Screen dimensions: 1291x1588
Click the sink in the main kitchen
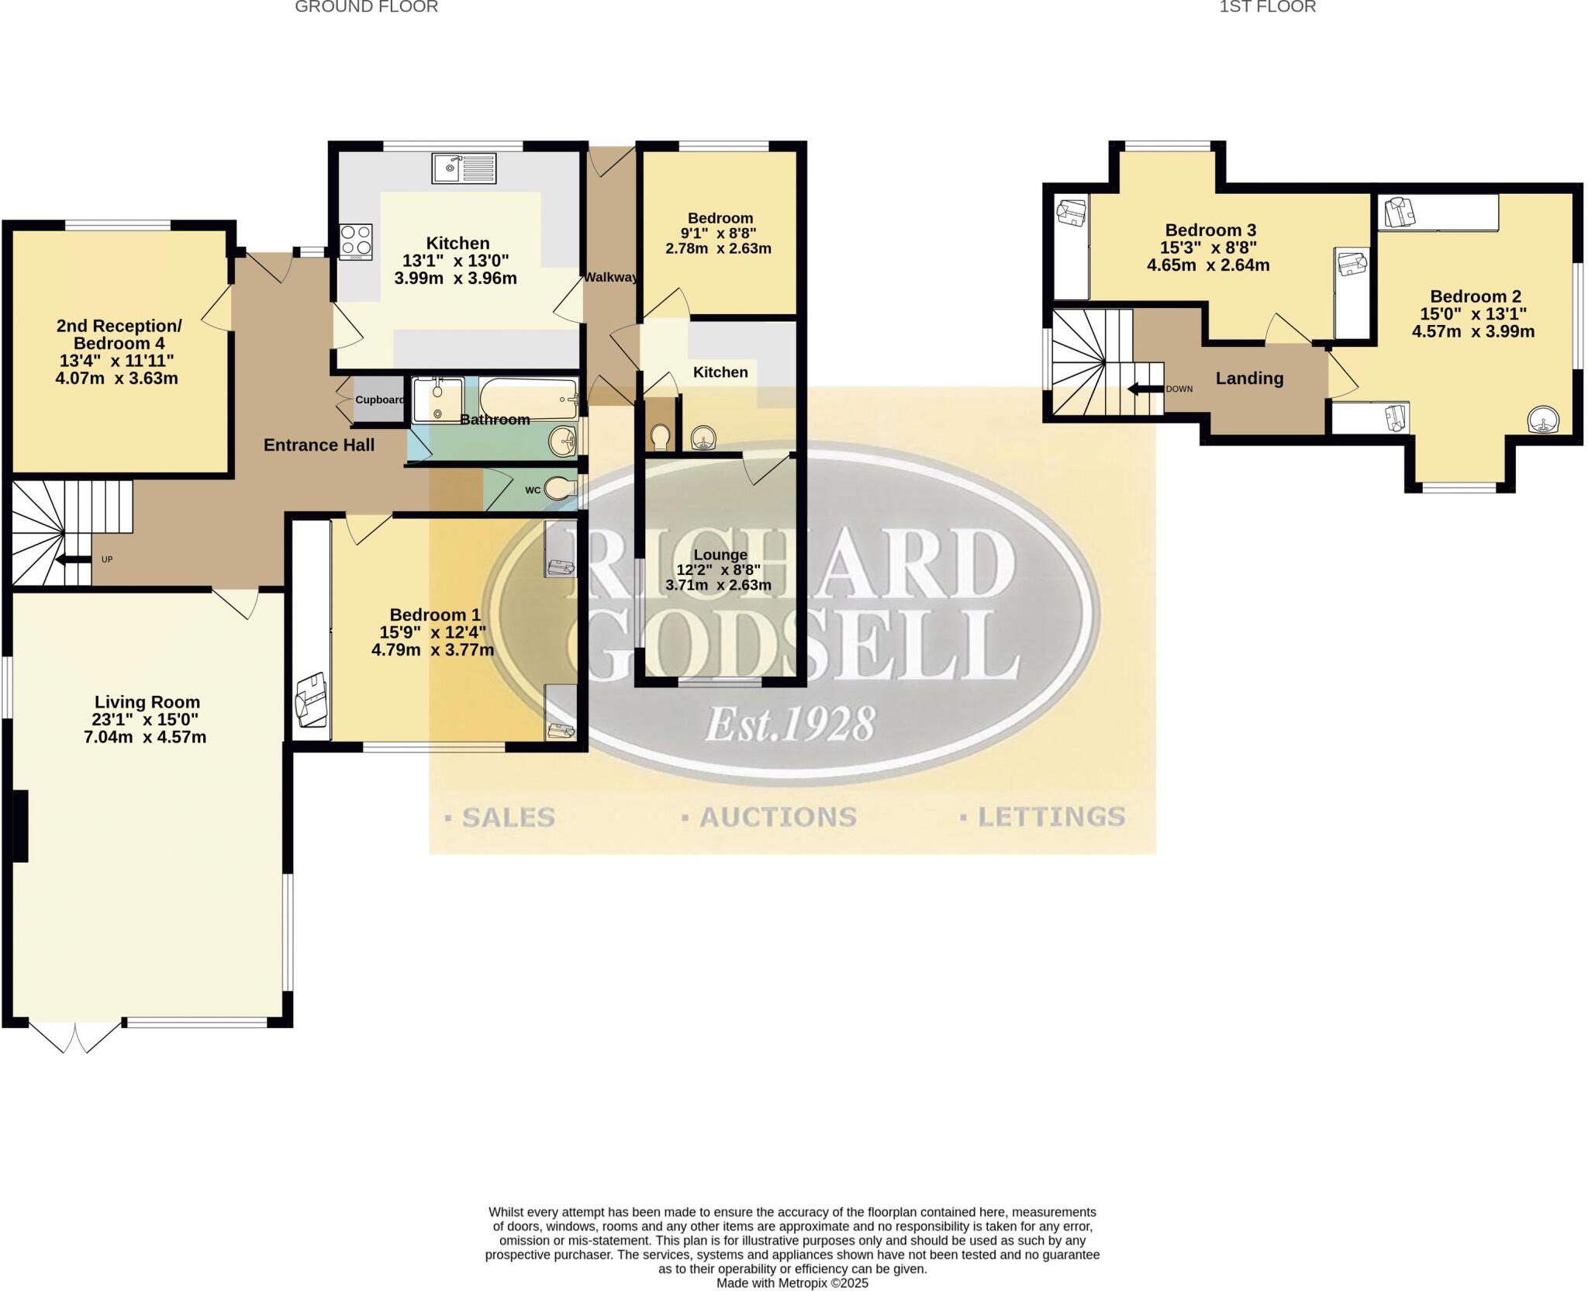click(464, 168)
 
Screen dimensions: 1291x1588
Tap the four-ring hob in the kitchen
click(356, 241)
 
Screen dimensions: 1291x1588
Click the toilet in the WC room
click(560, 489)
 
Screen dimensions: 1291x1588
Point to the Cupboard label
click(379, 400)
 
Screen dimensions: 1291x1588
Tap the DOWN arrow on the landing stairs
click(1145, 389)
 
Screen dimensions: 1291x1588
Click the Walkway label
click(610, 277)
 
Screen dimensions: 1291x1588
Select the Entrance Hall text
click(319, 445)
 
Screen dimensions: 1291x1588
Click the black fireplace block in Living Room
click(20, 825)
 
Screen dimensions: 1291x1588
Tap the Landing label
click(1249, 379)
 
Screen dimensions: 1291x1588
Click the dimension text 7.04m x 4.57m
click(145, 737)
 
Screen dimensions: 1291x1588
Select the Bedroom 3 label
click(1210, 230)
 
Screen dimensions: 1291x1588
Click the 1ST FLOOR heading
click(1268, 7)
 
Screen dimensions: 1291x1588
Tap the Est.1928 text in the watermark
click(790, 724)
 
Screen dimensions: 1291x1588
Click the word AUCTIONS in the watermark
click(778, 817)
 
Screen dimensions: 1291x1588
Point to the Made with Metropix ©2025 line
click(792, 1283)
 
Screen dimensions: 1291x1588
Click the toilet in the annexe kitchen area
click(661, 438)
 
